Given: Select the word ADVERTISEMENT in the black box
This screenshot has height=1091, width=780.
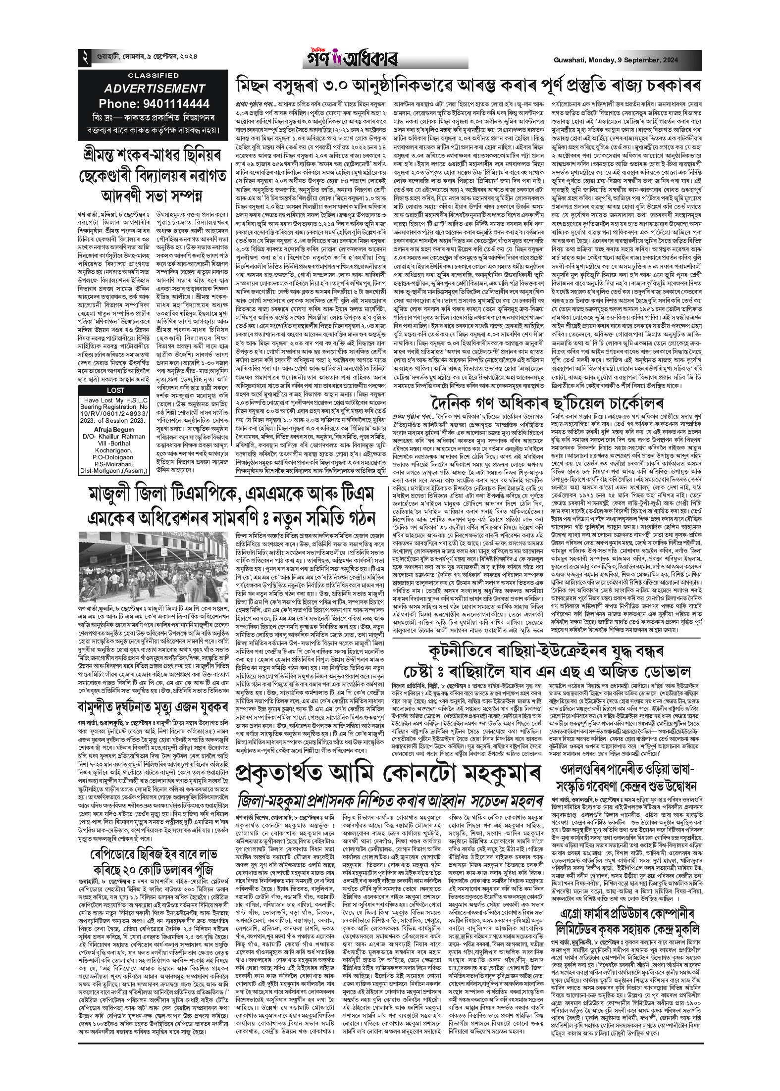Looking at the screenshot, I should point(155,89).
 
